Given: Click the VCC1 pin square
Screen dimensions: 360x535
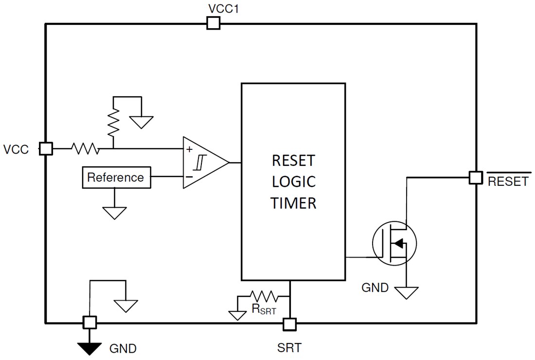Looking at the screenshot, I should coord(213,23).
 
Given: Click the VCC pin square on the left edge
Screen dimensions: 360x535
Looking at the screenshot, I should coord(46,148).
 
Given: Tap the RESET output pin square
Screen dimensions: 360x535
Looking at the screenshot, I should coord(476,178).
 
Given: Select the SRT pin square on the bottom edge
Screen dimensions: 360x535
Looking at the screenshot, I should coord(290,324).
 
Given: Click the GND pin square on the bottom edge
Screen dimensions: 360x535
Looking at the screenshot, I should coord(89,322).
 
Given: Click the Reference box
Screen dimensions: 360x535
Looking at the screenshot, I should coord(115,178).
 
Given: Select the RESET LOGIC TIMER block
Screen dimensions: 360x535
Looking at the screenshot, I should coord(293,181).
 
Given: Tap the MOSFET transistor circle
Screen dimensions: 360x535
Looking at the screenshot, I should coord(394,244).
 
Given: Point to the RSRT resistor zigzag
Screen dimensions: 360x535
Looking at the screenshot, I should coord(263,296).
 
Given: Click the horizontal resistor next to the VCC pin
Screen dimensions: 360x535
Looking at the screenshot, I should coord(85,148).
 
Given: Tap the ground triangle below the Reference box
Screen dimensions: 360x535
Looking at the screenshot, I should coord(115,213).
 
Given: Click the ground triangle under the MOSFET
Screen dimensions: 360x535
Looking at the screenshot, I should coord(407,292).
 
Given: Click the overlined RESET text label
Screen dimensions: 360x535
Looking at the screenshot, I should coord(508,181).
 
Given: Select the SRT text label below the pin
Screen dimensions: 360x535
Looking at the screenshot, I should coord(289,347).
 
